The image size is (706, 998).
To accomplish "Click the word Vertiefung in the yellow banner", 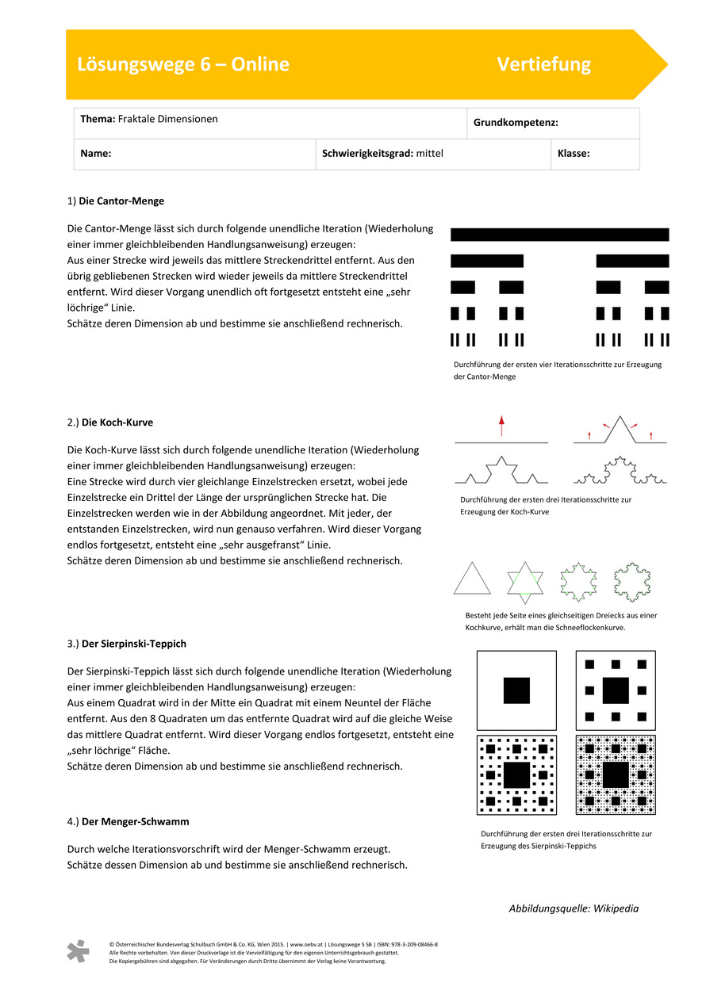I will [543, 64].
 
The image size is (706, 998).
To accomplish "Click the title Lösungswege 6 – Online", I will [183, 64].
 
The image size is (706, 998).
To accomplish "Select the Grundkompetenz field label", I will [516, 123].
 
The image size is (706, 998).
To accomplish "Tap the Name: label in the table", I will [95, 154].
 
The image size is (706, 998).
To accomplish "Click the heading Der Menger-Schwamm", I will [135, 821].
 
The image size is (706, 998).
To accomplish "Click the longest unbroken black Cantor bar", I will [559, 235].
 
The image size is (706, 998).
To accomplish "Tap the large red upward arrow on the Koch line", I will [501, 426].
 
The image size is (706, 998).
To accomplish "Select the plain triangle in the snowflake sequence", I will [473, 579].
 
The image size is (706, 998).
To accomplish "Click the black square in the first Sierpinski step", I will [516, 690].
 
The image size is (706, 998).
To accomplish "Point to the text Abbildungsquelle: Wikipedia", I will [573, 908].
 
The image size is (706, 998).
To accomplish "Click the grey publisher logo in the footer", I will [78, 951].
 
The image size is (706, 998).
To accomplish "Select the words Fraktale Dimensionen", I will [167, 119].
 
